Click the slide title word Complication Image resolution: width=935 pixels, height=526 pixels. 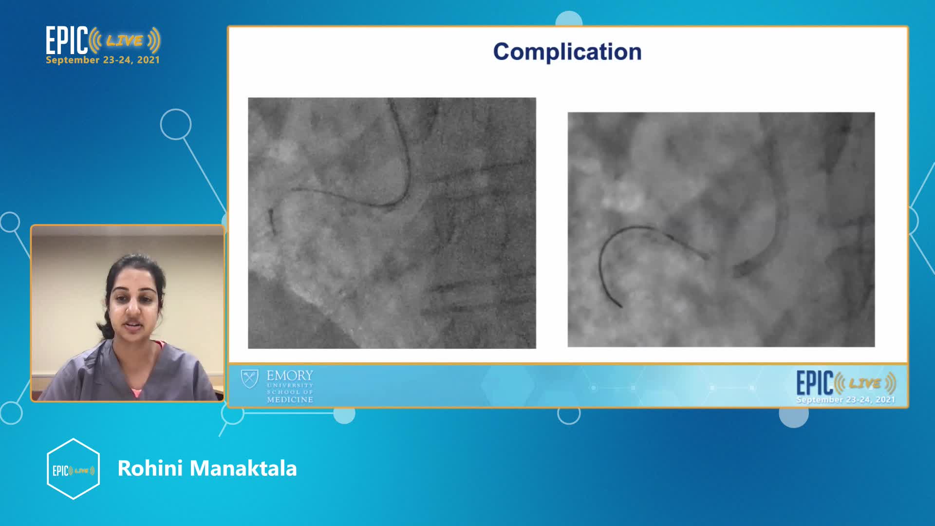pyautogui.click(x=567, y=52)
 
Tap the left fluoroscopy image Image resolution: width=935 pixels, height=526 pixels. pyautogui.click(x=392, y=223)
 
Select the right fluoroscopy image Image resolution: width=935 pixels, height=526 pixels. pyautogui.click(x=721, y=229)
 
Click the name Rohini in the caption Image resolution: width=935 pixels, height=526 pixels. pyautogui.click(x=150, y=468)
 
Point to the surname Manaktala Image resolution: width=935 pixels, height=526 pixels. pyautogui.click(x=243, y=468)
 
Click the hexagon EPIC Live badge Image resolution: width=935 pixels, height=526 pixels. pyautogui.click(x=73, y=469)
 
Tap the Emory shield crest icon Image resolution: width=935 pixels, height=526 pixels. pyautogui.click(x=250, y=379)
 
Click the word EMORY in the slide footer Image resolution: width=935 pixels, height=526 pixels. pyautogui.click(x=290, y=376)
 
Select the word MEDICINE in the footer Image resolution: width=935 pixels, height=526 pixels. pyautogui.click(x=290, y=400)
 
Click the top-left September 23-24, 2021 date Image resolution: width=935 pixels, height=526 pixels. pyautogui.click(x=103, y=60)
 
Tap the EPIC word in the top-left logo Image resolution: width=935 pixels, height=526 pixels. pyautogui.click(x=67, y=40)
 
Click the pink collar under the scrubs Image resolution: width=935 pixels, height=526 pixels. pyautogui.click(x=137, y=391)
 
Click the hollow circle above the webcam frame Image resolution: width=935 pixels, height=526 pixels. pyautogui.click(x=176, y=124)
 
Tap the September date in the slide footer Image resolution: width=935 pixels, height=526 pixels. pyautogui.click(x=846, y=400)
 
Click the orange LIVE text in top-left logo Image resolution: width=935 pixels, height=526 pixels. pyautogui.click(x=125, y=40)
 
